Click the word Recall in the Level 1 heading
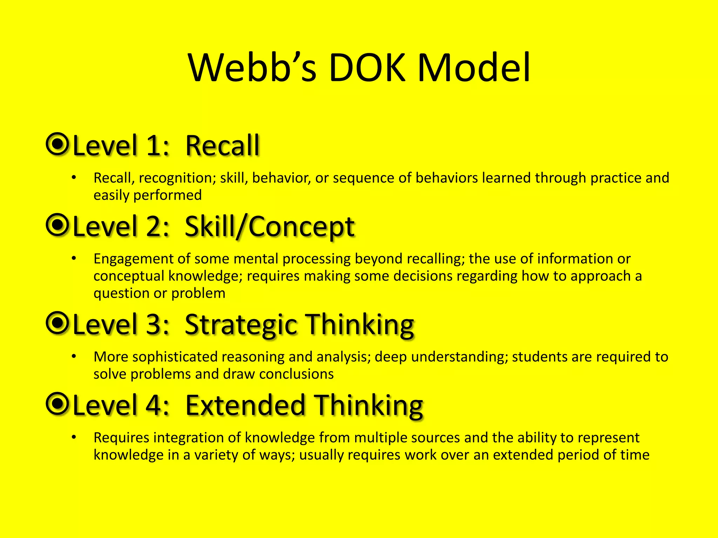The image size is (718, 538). tap(222, 146)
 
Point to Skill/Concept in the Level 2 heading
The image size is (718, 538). tap(269, 227)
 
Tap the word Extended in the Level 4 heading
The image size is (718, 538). tap(245, 406)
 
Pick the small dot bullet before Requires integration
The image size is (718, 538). tap(74, 437)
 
